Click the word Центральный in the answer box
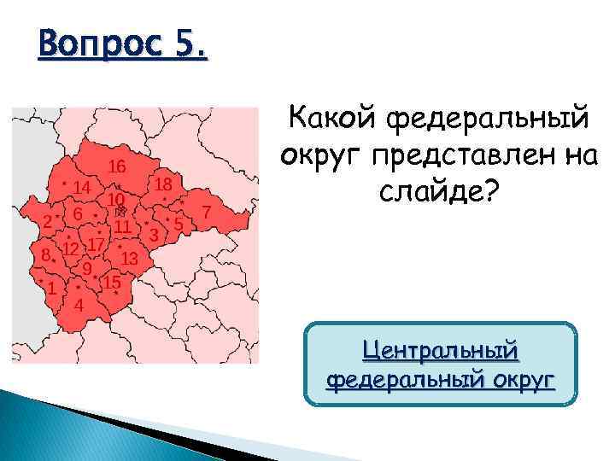[441, 350]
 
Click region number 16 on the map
[117, 166]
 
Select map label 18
[164, 184]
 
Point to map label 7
[206, 210]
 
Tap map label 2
[46, 221]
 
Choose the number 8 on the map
[44, 254]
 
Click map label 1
[52, 289]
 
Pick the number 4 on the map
[78, 305]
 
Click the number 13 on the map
[130, 256]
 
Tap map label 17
[96, 243]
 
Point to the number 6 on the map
[78, 213]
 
